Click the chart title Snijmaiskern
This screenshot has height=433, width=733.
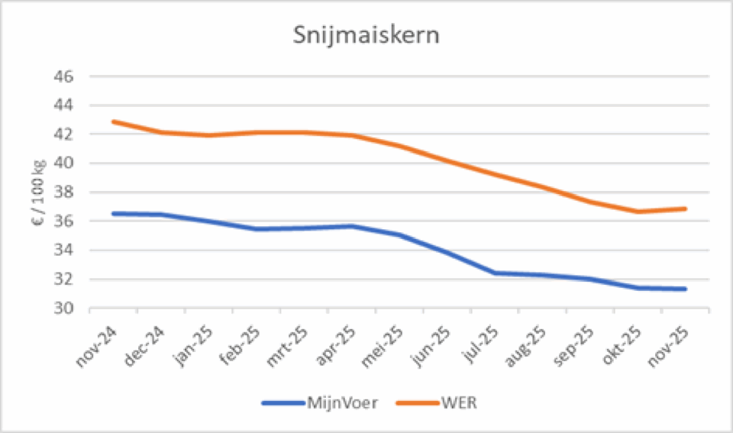(366, 37)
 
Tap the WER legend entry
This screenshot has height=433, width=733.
(458, 403)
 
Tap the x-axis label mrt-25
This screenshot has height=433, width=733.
(286, 346)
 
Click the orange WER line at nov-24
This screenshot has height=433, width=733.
(113, 121)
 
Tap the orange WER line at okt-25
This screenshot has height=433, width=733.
(638, 212)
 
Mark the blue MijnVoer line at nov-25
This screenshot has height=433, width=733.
(686, 289)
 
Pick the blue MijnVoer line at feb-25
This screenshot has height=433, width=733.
(257, 229)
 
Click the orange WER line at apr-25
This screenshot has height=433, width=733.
(352, 135)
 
